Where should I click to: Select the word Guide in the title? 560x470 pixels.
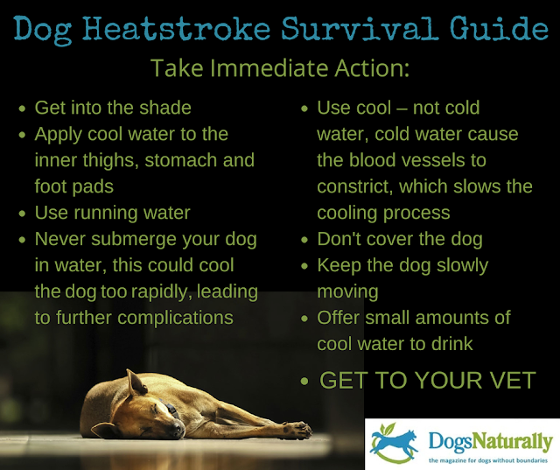pos(486,30)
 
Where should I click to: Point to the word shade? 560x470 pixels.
pos(161,109)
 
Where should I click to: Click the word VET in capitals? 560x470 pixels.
pos(510,381)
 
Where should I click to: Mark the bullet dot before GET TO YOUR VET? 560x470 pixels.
pos(304,382)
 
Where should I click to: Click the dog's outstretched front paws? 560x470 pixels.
pos(294,428)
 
